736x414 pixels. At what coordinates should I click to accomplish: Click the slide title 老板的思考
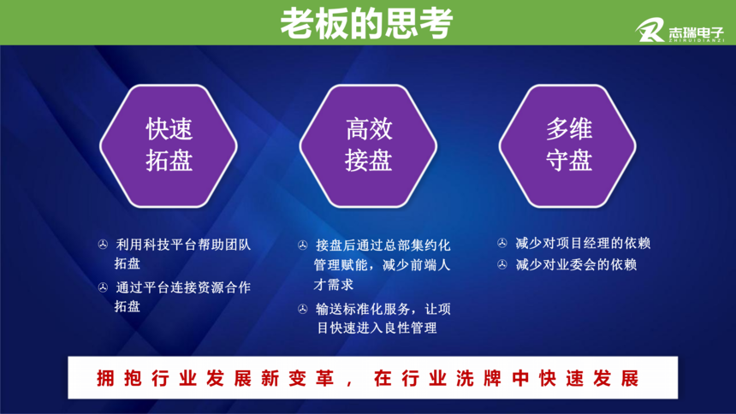point(366,23)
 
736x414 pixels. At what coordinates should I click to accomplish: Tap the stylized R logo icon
point(650,30)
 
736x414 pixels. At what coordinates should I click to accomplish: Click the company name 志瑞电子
point(696,33)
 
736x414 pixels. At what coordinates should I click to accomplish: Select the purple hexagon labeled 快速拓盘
point(169,146)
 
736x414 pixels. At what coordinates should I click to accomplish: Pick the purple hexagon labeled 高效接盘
point(369,146)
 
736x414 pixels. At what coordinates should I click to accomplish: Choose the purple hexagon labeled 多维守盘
point(567,146)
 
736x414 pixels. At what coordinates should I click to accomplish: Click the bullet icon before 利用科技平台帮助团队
point(103,245)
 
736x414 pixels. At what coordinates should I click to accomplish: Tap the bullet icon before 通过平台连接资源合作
point(103,287)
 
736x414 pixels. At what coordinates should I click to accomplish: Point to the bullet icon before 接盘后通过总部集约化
point(303,245)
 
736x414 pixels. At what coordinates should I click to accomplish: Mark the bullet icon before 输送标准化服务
point(303,309)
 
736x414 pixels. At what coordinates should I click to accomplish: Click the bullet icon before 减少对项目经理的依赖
point(502,243)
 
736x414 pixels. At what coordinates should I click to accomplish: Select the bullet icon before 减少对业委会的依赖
point(502,264)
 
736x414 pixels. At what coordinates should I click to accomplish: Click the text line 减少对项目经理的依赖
point(583,243)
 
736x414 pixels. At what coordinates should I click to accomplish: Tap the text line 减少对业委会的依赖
point(577,264)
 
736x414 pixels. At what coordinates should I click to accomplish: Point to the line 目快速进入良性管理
point(377,328)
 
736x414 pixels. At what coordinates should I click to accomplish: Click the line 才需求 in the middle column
point(333,285)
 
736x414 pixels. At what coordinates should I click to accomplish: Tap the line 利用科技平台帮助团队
point(183,245)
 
